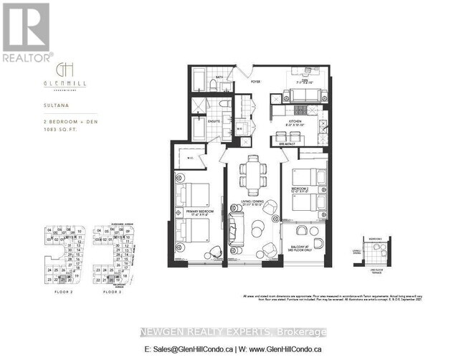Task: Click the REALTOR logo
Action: (x=26, y=32)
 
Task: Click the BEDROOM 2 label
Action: (x=302, y=189)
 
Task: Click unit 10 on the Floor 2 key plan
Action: (x=70, y=231)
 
